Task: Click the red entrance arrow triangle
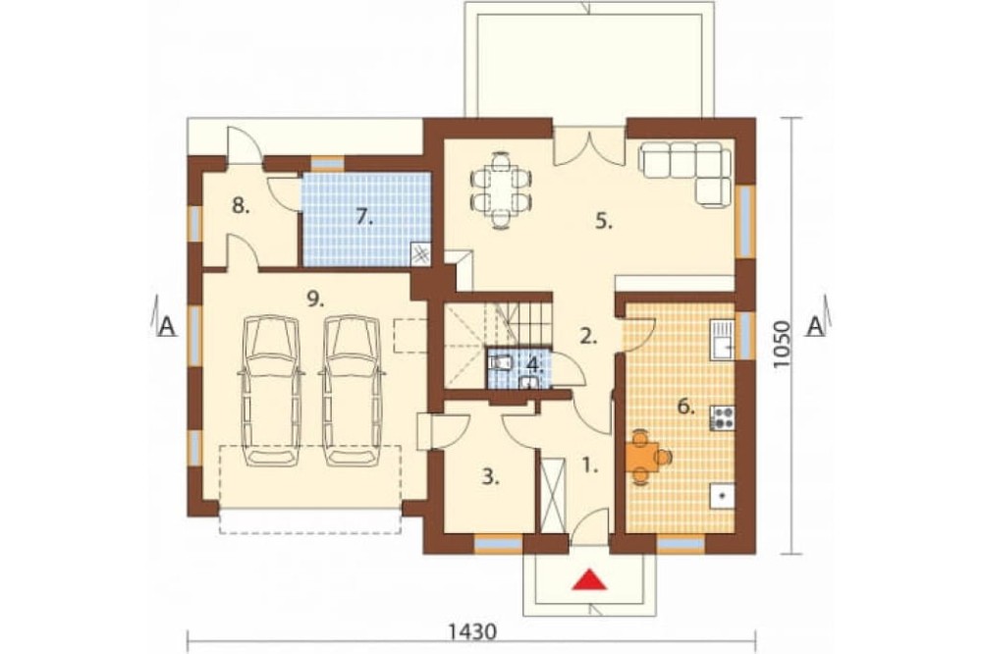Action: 590,579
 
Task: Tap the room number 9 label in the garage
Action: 315,300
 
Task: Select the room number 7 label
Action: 364,217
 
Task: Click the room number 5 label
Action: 603,222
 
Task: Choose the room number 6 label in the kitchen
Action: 686,408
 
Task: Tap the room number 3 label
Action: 490,477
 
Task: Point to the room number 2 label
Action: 587,337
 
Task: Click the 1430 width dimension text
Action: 473,631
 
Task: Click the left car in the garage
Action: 271,390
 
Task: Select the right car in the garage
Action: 352,390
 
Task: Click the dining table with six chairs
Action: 501,190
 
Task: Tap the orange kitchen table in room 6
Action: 645,458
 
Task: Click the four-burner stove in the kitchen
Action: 723,418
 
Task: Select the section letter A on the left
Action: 166,326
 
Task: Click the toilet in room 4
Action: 502,362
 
